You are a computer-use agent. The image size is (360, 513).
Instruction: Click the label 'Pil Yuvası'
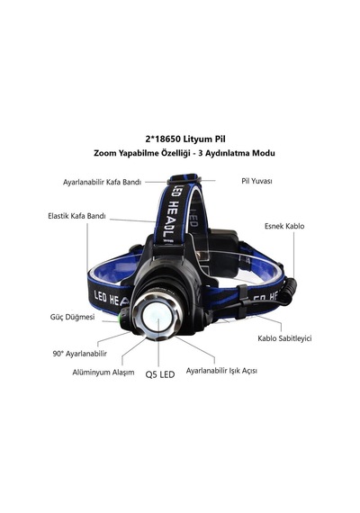[256, 181]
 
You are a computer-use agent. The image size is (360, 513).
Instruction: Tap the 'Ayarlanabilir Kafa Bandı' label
[102, 182]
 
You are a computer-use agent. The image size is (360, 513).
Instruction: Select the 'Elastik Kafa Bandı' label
[76, 216]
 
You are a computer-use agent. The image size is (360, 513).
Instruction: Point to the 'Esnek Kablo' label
[284, 226]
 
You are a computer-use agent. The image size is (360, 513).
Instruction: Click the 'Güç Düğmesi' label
[72, 317]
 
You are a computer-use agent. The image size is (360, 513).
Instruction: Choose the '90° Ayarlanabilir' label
[80, 354]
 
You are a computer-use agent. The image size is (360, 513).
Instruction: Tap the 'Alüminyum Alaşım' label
[103, 373]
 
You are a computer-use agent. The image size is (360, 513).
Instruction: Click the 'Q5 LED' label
[160, 375]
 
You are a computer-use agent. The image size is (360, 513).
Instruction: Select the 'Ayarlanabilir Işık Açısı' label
[221, 371]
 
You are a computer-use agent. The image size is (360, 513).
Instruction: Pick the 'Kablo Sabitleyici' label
[284, 338]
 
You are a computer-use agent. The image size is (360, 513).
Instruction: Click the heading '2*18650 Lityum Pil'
[185, 139]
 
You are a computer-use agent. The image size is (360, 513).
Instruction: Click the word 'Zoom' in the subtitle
[103, 153]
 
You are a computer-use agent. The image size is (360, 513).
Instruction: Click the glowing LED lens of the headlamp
[157, 318]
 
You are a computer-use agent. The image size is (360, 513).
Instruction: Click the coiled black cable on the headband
[287, 291]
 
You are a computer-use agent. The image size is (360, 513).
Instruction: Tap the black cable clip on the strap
[242, 301]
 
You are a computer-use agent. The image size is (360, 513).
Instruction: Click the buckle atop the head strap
[184, 178]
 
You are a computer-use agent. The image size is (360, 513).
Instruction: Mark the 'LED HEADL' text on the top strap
[174, 214]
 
